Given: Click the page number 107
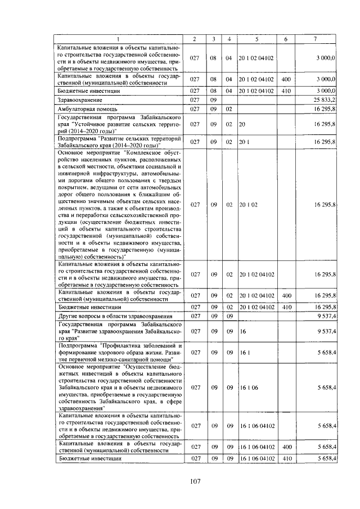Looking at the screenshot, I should [195, 480].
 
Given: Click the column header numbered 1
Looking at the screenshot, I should [119, 39].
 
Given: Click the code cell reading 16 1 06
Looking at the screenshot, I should [248, 388].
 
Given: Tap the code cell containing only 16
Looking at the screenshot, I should [243, 331].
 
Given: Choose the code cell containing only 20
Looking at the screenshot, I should [243, 123].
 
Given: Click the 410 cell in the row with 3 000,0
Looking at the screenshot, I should [285, 90].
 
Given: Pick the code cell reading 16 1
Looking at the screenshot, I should [245, 352].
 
